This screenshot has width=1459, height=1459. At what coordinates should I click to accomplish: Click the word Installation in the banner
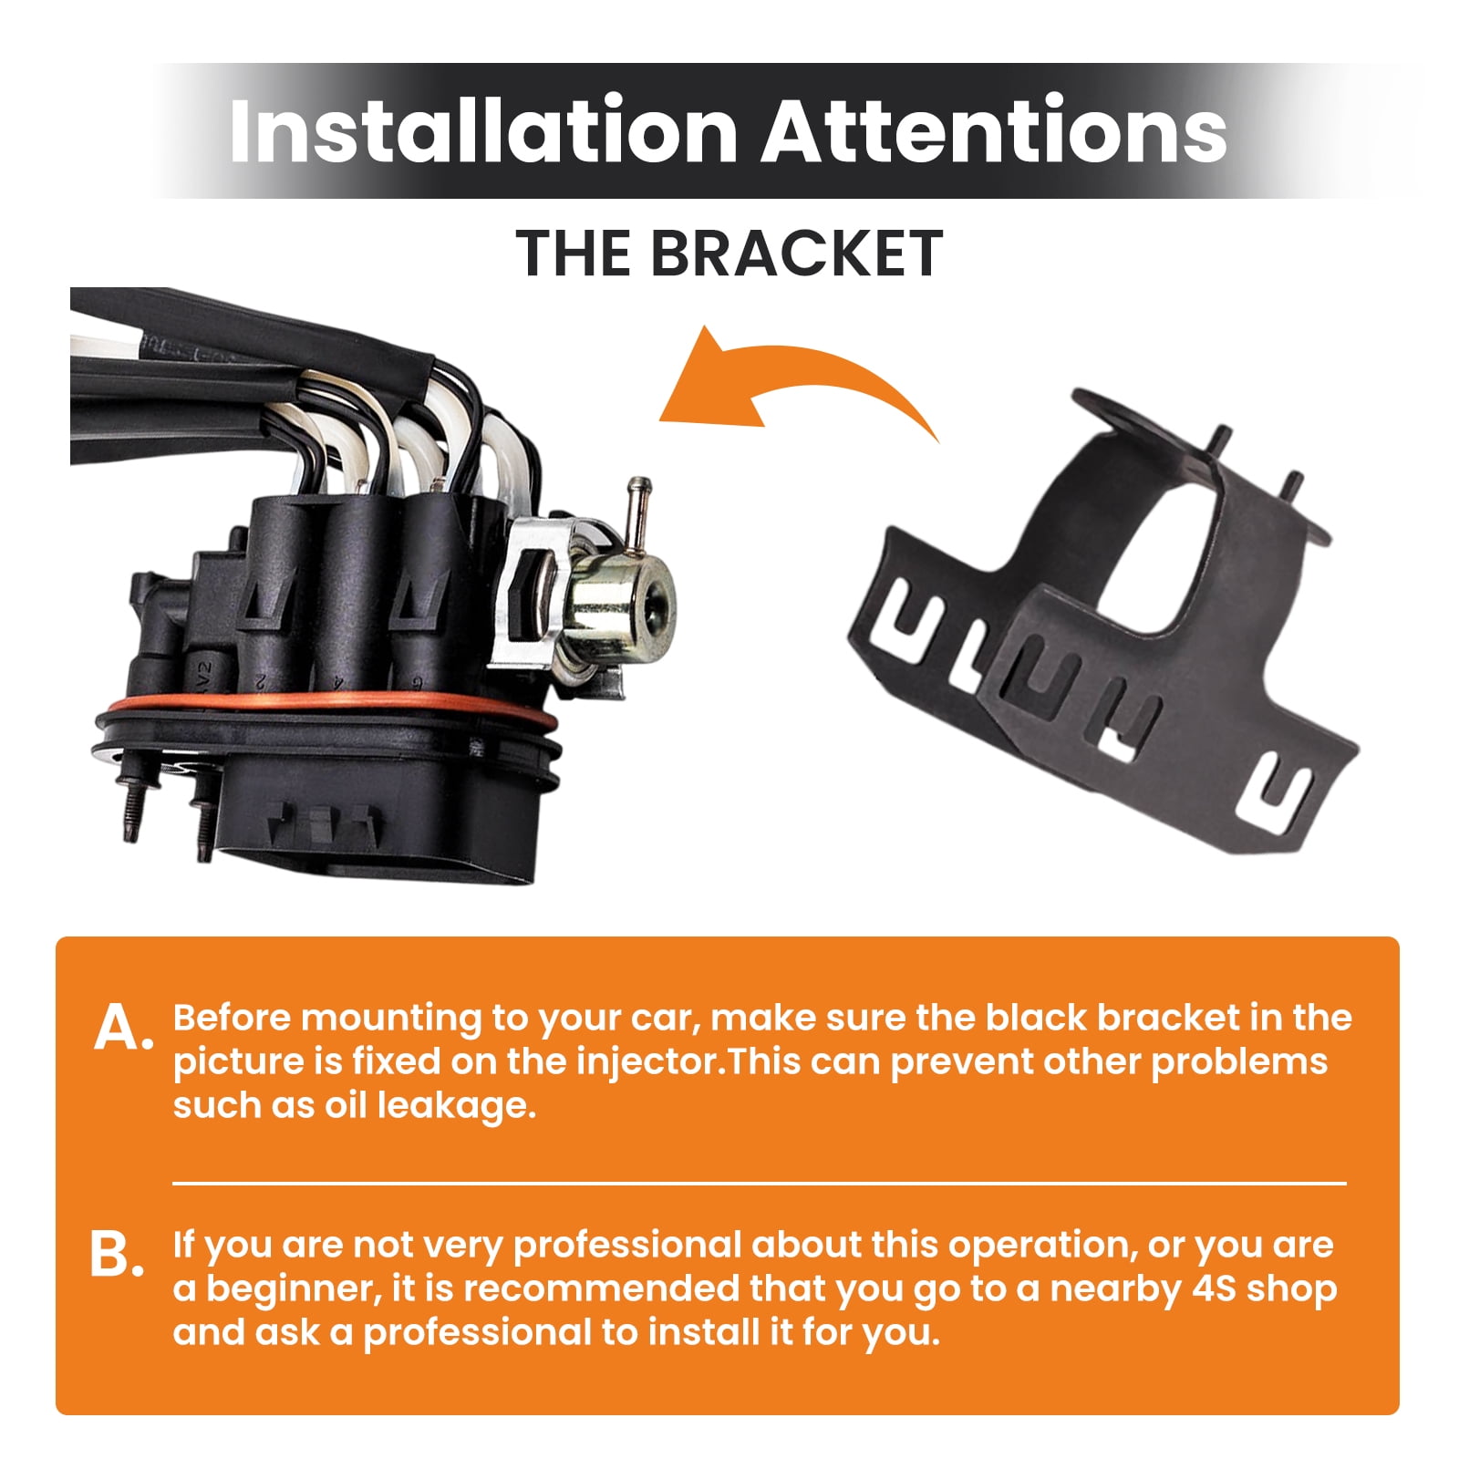click(x=483, y=130)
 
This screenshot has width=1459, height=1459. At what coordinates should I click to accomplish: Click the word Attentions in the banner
click(x=994, y=130)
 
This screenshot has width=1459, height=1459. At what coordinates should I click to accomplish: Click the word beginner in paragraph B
click(x=293, y=1289)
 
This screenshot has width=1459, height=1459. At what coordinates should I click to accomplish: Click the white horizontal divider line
click(x=759, y=1184)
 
